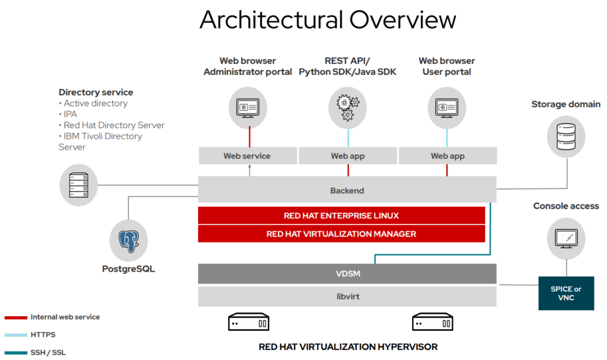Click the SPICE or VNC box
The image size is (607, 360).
[566, 293]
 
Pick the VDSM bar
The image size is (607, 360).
[347, 274]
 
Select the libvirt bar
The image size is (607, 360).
[347, 297]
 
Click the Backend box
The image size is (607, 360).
[347, 191]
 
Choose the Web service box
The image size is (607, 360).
[247, 156]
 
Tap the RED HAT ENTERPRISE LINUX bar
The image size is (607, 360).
[341, 216]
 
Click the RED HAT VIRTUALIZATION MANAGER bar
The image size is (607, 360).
[341, 234]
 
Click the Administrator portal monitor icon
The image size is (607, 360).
[248, 107]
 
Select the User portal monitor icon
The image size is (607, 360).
[446, 107]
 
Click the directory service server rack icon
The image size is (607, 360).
[79, 185]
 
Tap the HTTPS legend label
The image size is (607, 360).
[43, 334]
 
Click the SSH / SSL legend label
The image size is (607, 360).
[48, 352]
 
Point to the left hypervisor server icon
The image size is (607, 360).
[248, 323]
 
